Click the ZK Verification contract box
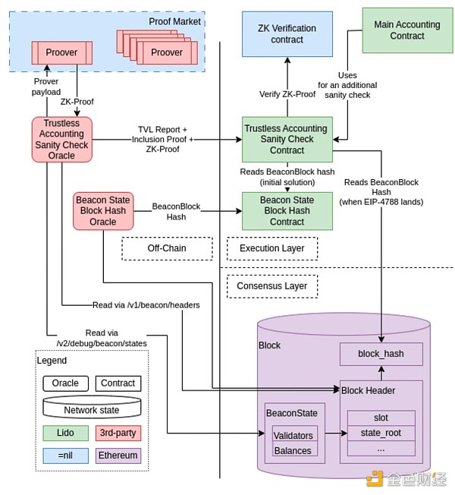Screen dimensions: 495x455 point(287,34)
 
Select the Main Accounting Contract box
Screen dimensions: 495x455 point(406,30)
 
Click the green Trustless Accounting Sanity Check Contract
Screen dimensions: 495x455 point(287,139)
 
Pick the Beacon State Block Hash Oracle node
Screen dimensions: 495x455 point(104,210)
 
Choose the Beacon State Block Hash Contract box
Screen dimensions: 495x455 point(287,210)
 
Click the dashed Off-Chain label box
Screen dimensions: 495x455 point(167,248)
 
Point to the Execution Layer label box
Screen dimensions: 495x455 point(271,248)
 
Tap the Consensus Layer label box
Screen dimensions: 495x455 point(271,286)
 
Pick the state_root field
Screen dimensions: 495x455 point(381,433)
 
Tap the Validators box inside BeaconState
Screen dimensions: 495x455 point(294,435)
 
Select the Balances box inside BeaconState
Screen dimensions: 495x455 point(294,450)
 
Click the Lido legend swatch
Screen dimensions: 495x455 point(65,433)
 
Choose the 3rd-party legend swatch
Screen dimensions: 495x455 point(118,433)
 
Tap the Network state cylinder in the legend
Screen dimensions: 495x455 point(92,408)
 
